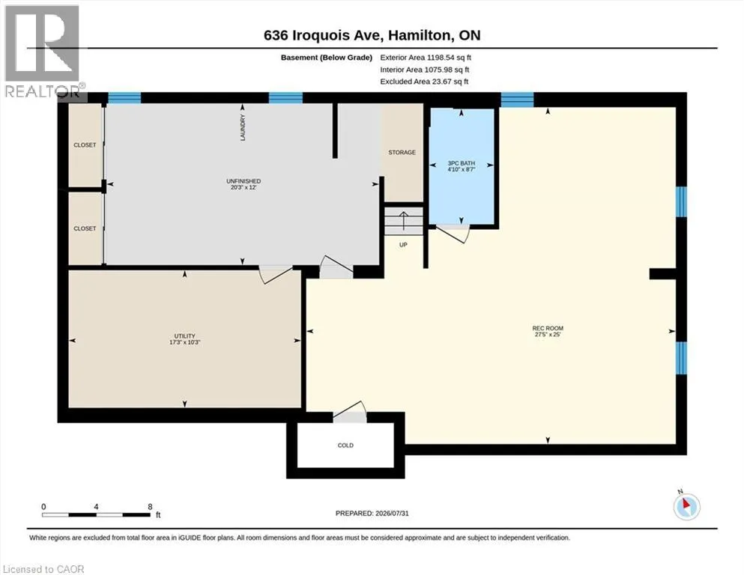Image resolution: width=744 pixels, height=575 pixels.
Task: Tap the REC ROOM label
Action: [548, 328]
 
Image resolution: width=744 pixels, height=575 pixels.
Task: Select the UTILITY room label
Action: [184, 336]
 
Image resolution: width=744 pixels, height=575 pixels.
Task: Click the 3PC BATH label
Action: [462, 163]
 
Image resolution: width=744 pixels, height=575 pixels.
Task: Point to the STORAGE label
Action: [402, 153]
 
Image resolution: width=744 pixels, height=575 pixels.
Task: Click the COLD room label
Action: [345, 445]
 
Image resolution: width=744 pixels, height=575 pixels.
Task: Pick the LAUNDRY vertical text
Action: [243, 127]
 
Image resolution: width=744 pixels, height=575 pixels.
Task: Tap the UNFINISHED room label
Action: [244, 181]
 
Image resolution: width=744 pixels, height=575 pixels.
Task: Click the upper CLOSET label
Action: [85, 145]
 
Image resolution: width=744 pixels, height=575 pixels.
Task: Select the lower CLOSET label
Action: [85, 228]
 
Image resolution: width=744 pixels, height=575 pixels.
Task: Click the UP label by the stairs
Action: [403, 245]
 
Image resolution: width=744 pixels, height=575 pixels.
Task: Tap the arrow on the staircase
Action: [403, 220]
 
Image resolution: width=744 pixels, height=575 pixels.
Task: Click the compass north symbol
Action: [686, 506]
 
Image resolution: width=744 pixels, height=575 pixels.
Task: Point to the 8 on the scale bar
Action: [150, 506]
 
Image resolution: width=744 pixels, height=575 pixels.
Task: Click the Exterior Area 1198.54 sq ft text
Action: [426, 58]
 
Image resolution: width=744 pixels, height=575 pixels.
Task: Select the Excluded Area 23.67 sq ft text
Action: [424, 82]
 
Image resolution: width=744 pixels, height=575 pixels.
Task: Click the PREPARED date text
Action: [372, 514]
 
